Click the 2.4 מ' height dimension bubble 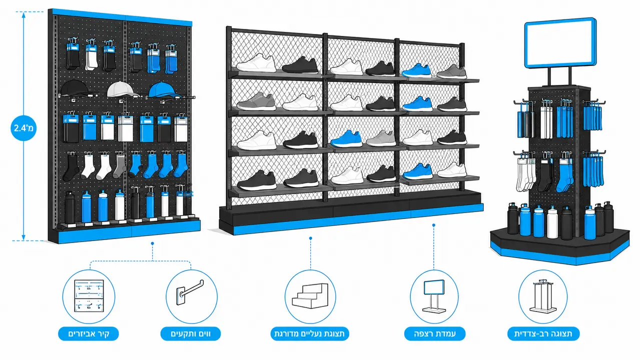point(24,128)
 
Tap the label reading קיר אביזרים point(88,333)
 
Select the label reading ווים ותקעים point(191,333)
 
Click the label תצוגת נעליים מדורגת point(310,333)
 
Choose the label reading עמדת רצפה point(434,333)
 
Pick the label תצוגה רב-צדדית point(543,333)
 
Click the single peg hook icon point(190,292)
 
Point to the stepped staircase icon point(310,296)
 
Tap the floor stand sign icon point(434,296)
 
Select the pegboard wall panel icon point(89,296)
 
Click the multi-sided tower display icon point(543,296)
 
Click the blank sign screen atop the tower point(560,43)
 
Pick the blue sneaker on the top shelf point(416,70)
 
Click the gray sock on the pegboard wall point(120,167)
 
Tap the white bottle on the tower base point(552,222)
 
